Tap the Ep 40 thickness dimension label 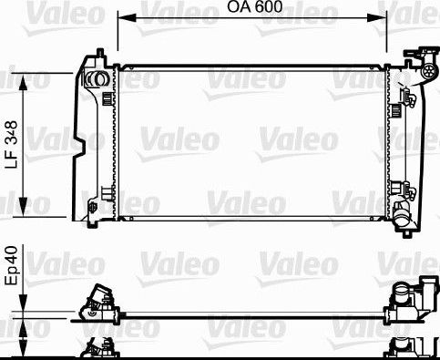pos(12,266)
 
